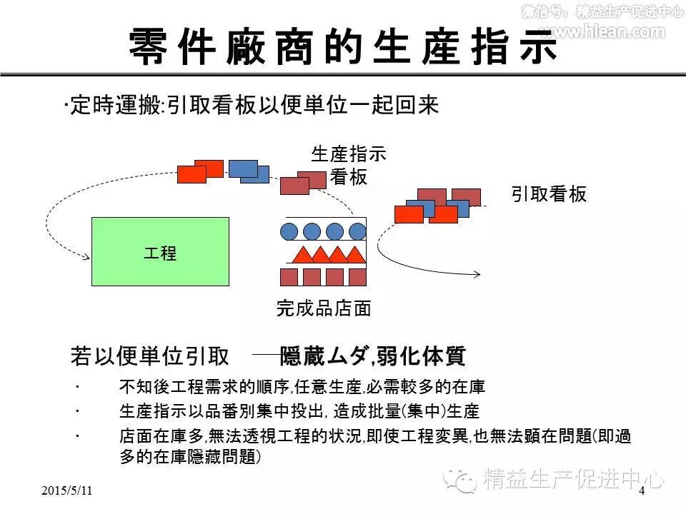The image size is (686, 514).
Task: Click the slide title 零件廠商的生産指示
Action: tap(343, 48)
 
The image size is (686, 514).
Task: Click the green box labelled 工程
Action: tap(160, 252)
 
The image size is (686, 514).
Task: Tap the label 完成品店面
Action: tap(324, 308)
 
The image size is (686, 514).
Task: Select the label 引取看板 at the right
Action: tap(549, 194)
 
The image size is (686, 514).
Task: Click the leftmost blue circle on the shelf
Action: tap(289, 231)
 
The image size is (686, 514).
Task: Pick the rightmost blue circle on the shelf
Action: tap(357, 231)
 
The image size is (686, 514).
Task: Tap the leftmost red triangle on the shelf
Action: tap(302, 253)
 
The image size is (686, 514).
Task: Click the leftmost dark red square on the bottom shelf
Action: tap(289, 277)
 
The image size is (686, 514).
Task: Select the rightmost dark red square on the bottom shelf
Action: tap(357, 277)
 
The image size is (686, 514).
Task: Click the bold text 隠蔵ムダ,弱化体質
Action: tap(373, 356)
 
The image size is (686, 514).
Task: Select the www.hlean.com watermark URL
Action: tap(602, 31)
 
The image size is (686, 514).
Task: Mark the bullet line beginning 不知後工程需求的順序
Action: tap(302, 388)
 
